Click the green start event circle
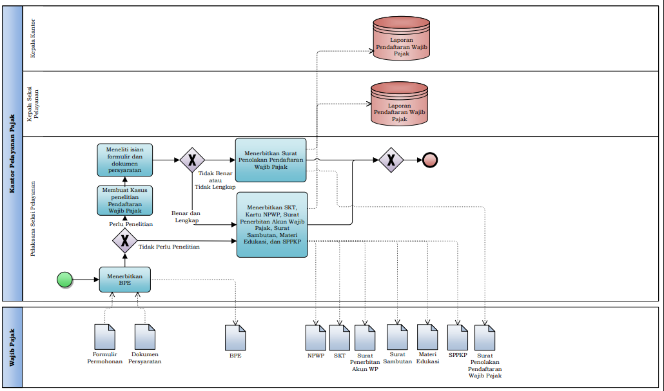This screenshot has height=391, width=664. pyautogui.click(x=64, y=280)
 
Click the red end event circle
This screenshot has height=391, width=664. pyautogui.click(x=430, y=160)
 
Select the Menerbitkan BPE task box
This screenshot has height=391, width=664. pyautogui.click(x=125, y=280)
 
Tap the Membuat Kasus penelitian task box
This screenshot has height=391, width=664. pyautogui.click(x=126, y=200)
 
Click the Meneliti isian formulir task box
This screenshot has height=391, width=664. pyautogui.click(x=126, y=160)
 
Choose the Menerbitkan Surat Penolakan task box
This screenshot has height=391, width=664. pyautogui.click(x=271, y=160)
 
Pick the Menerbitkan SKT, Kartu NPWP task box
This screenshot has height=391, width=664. pyautogui.click(x=272, y=224)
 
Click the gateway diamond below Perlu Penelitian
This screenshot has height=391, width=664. pyautogui.click(x=125, y=242)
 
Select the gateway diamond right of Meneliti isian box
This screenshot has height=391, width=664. pyautogui.click(x=192, y=160)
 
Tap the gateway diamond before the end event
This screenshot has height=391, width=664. pyautogui.click(x=391, y=160)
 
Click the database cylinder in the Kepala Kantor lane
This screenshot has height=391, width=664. pyautogui.click(x=401, y=39)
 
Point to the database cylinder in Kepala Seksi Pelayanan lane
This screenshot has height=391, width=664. pyautogui.click(x=399, y=106)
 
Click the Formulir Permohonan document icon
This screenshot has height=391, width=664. pyautogui.click(x=105, y=337)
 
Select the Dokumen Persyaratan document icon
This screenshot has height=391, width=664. pyautogui.click(x=145, y=337)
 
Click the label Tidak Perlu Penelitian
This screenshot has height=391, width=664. pyautogui.click(x=169, y=247)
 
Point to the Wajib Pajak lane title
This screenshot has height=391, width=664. pyautogui.click(x=12, y=348)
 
